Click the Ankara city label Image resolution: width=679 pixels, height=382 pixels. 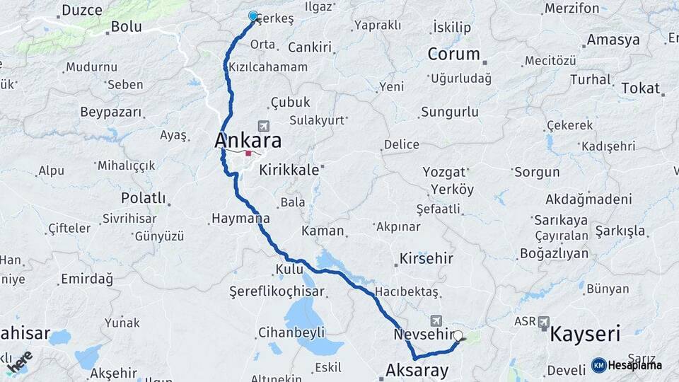tap(248, 140)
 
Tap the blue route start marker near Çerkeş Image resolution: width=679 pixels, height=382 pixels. tap(253, 16)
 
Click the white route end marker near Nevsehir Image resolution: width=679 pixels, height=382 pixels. tap(458, 336)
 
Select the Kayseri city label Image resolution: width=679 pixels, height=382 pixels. tap(584, 334)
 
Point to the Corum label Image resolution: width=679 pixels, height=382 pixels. tap(454, 54)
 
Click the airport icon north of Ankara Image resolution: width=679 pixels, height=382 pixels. tap(264, 125)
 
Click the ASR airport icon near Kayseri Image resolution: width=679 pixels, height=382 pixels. tap(544, 321)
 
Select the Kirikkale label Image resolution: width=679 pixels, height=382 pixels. tap(291, 170)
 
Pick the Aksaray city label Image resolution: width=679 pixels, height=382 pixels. tap(417, 370)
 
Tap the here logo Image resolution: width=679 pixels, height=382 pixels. tap(19, 361)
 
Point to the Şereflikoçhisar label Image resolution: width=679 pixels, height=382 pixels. tap(277, 291)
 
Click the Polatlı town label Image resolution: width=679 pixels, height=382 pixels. tap(143, 198)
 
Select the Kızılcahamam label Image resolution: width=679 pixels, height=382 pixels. tap(268, 67)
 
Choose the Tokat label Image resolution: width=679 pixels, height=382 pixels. tap(640, 88)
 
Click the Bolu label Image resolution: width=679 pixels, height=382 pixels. tap(126, 27)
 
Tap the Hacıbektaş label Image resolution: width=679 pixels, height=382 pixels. tap(407, 291)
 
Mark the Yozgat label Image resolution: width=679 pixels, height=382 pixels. tap(443, 172)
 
